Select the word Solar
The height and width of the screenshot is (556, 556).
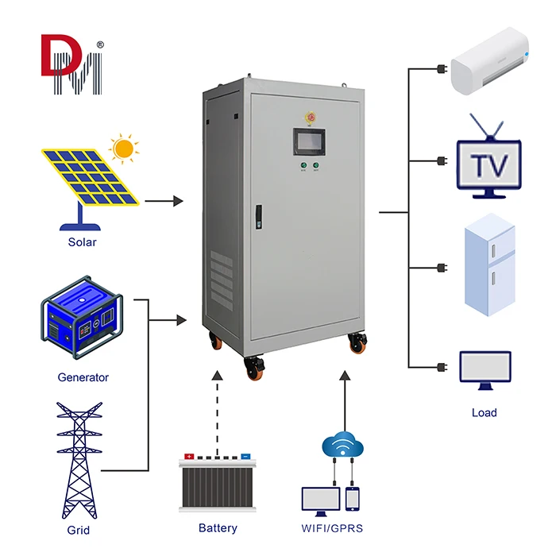(82, 242)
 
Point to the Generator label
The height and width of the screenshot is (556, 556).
(83, 377)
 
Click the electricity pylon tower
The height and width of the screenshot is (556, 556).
(79, 461)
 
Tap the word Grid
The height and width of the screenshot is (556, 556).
(79, 530)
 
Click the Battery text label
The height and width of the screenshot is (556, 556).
(218, 527)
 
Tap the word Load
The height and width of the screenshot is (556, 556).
(485, 412)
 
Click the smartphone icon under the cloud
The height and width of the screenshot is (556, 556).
(353, 499)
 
